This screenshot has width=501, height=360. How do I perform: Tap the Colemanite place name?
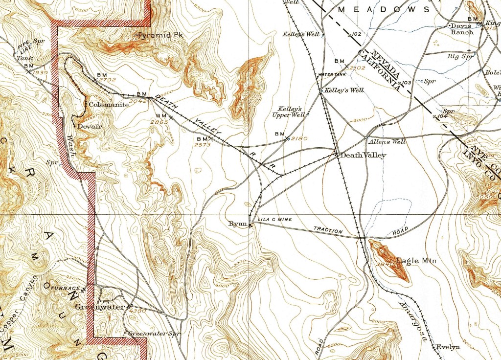point(105,104)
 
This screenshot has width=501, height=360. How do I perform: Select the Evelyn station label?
point(448,347)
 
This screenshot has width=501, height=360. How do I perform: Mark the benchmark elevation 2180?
point(299,139)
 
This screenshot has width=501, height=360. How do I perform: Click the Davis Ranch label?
point(462,28)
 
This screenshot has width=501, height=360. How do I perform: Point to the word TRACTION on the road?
point(328,230)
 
